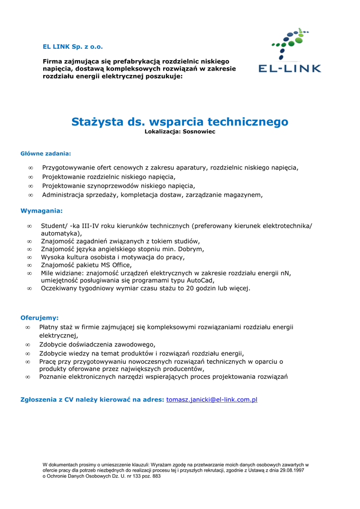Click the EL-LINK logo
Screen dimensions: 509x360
(289, 51)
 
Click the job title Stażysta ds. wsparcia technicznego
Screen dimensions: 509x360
(180, 122)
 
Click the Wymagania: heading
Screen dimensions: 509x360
(41, 211)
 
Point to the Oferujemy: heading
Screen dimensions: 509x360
(39, 317)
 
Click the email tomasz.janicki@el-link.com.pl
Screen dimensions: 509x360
(211, 400)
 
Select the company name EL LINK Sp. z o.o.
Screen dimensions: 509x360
(73, 47)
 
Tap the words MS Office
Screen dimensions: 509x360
(115, 265)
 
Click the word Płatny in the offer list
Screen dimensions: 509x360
(49, 327)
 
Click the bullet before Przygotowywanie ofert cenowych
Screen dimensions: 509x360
(31, 168)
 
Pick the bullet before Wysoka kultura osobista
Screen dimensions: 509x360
(29, 257)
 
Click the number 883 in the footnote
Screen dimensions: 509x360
(156, 476)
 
